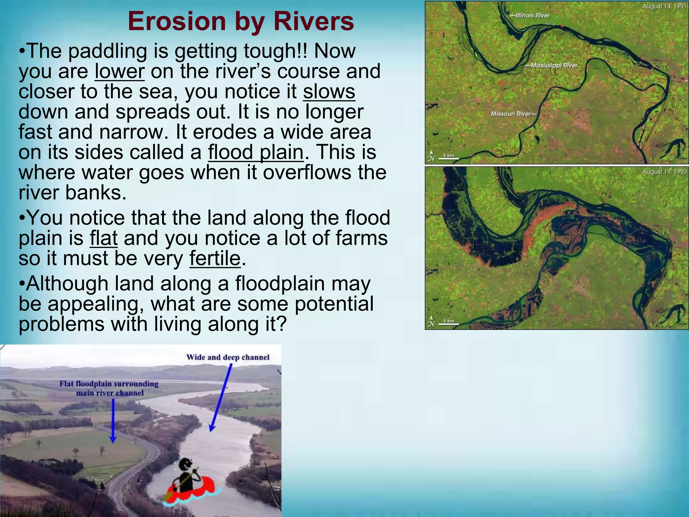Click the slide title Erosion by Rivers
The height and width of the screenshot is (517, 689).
[241, 21]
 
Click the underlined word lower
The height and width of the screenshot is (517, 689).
[119, 71]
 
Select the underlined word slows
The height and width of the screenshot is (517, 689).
[329, 92]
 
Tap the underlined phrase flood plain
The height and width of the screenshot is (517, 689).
[256, 152]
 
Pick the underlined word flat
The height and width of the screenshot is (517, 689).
[104, 238]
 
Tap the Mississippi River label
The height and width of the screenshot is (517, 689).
[553, 65]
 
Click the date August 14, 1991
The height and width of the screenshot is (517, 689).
[664, 6]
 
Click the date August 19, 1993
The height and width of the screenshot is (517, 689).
[664, 172]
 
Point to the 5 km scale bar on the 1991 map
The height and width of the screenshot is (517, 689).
[448, 157]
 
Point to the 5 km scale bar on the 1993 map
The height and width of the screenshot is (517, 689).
[448, 322]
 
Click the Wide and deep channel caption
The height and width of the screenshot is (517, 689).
[228, 357]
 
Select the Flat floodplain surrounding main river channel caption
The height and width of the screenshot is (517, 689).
[109, 388]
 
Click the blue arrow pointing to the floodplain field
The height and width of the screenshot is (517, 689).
[113, 421]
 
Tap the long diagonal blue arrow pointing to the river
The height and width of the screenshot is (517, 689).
[221, 397]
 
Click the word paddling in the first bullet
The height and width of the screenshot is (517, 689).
[108, 51]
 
